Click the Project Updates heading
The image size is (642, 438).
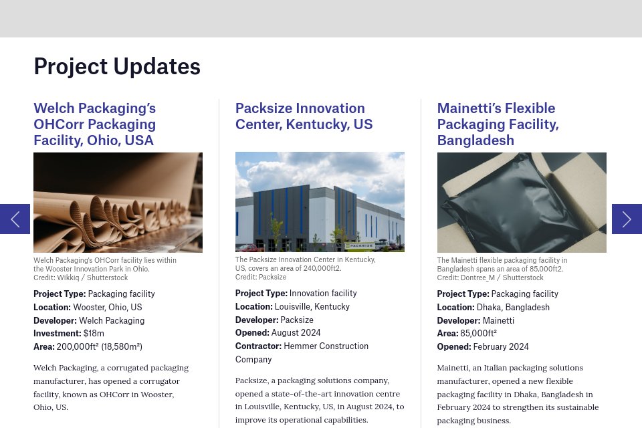coord(117,66)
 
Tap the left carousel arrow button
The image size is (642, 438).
coord(15,219)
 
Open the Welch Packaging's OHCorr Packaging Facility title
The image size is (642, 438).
coord(94,124)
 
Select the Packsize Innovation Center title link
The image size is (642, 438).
coord(304,116)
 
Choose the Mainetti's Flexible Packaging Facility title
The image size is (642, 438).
coord(498,124)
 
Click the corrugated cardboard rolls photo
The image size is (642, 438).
coord(118,202)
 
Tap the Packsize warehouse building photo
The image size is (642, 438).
coord(320,201)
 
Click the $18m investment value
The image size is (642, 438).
coord(94,333)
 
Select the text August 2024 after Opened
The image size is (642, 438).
coord(296,332)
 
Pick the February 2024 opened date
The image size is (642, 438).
coord(501,346)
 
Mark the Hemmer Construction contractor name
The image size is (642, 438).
coord(326,346)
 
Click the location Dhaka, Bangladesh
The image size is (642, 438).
coord(513,307)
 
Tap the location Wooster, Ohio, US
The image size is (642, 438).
coord(107,307)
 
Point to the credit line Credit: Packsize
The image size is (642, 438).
coord(261,277)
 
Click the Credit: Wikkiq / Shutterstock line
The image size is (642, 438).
coord(80,278)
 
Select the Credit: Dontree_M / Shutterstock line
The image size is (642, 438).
coord(490,278)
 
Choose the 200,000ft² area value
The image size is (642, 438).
coord(99,346)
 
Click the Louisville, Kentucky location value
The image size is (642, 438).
coord(312,306)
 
